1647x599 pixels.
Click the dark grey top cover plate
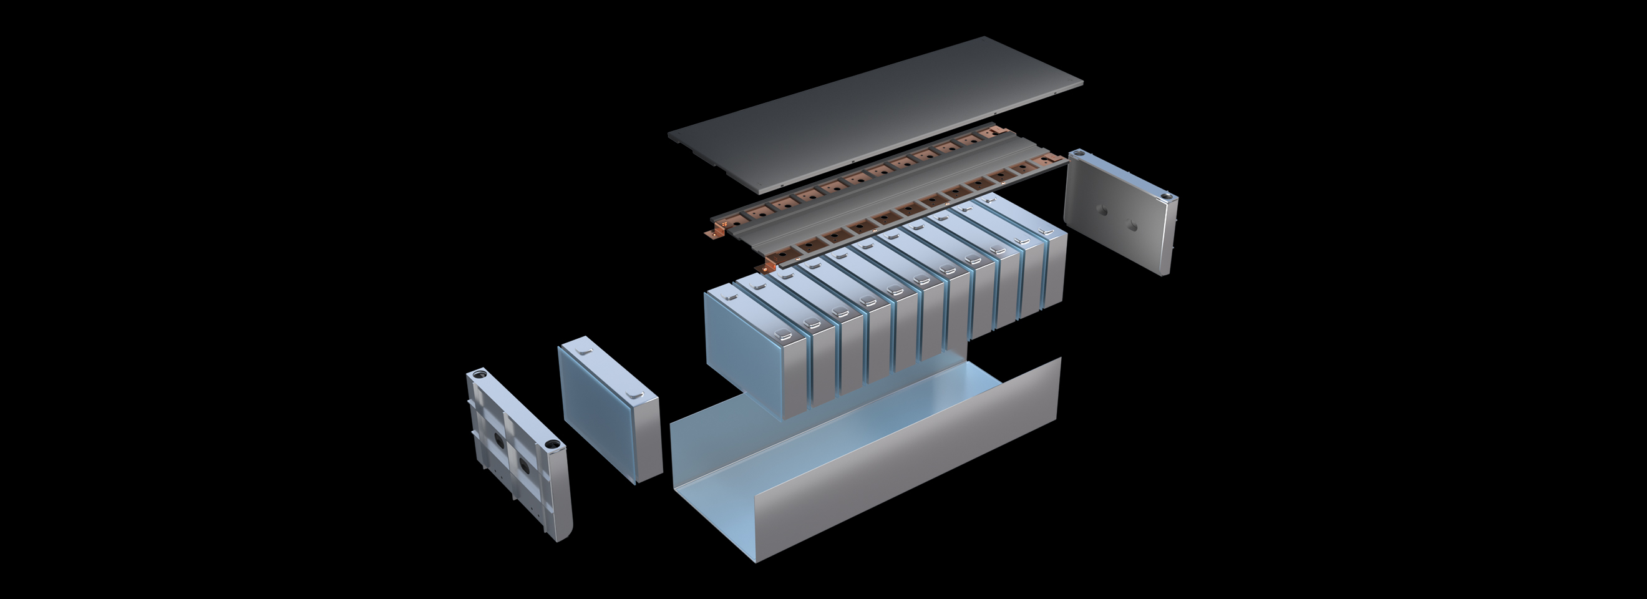point(876,115)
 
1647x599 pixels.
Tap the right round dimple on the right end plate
point(1131,225)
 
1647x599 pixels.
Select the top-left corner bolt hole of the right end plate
point(1080,154)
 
